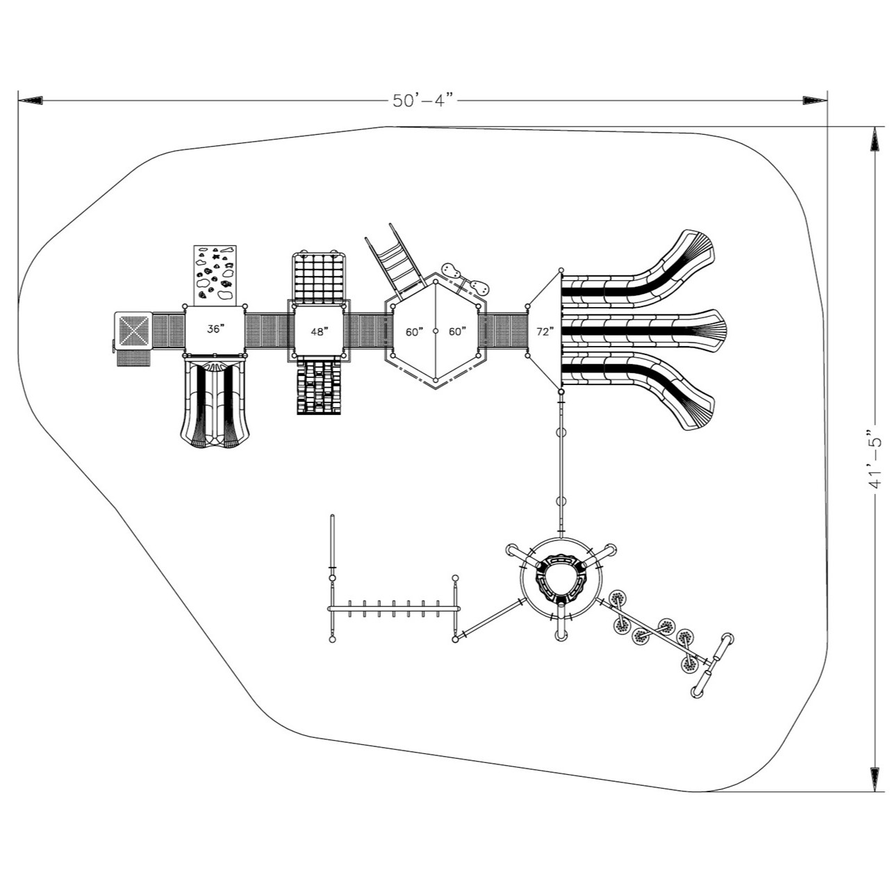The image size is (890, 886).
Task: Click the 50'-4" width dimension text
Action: tap(422, 101)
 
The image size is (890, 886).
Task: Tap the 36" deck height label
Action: tap(215, 329)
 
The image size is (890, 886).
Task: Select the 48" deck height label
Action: tap(318, 332)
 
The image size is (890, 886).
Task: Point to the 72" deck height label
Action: tap(545, 332)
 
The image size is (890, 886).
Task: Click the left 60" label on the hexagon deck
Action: tap(415, 332)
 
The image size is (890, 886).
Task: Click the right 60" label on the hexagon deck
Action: tap(456, 332)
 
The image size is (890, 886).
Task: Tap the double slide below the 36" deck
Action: tap(215, 403)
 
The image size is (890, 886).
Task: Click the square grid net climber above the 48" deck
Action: tap(319, 277)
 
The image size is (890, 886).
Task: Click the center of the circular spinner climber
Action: tap(561, 578)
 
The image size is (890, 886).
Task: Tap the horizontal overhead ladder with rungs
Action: tap(393, 608)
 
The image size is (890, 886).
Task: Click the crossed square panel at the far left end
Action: tap(133, 331)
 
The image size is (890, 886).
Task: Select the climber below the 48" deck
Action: tap(319, 387)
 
